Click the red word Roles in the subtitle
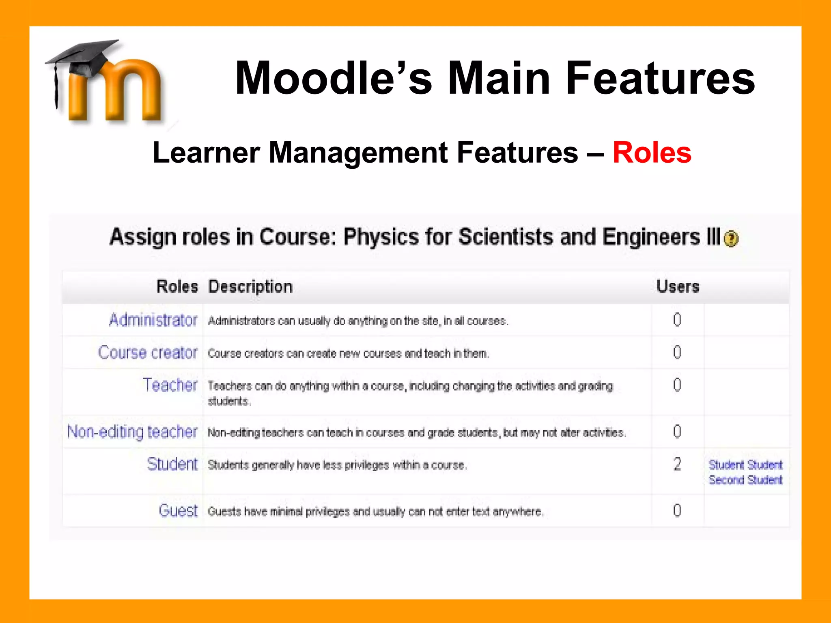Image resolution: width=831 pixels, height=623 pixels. (652, 153)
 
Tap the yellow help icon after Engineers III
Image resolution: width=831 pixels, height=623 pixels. (731, 238)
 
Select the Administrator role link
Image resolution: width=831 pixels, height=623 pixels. (153, 320)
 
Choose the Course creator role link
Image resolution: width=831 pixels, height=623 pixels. (148, 353)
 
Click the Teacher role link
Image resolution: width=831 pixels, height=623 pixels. (170, 385)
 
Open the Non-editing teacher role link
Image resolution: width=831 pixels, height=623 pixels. (132, 432)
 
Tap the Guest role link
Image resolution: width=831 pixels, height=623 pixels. (178, 511)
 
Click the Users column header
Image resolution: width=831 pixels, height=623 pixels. (678, 287)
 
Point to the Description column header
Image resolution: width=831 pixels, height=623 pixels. (250, 287)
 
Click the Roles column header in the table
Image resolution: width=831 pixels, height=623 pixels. (177, 287)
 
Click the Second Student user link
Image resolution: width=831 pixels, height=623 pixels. (745, 480)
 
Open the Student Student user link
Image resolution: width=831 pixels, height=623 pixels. (745, 465)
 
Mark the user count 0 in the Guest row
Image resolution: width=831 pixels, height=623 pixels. (677, 511)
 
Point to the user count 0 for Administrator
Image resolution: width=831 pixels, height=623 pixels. (677, 320)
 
